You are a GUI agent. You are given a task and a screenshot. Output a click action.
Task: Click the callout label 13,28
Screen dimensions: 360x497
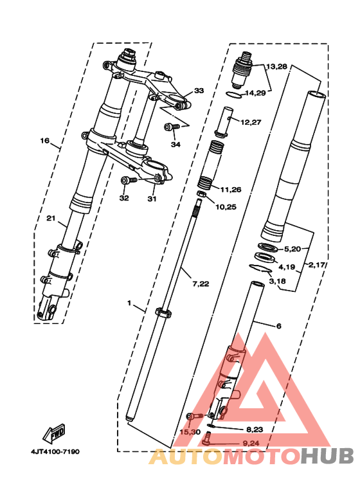(x=276, y=67)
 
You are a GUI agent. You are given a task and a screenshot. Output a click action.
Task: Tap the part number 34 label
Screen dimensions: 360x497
(x=175, y=145)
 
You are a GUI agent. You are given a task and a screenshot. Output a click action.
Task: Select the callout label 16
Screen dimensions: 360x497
(x=45, y=140)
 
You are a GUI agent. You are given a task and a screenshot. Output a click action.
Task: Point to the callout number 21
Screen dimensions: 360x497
(x=51, y=218)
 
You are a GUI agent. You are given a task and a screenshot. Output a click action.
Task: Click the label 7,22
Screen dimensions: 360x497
(x=201, y=284)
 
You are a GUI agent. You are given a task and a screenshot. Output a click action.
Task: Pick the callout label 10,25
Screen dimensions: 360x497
(x=226, y=207)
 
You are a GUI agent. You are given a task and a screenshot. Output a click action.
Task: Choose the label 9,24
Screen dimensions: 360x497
(x=251, y=443)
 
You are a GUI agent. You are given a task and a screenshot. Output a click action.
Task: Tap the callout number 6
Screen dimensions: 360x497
(x=278, y=326)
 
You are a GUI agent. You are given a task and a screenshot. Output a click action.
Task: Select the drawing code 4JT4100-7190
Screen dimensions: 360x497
(x=55, y=451)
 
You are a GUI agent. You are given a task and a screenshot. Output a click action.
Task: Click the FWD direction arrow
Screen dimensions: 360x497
(x=54, y=433)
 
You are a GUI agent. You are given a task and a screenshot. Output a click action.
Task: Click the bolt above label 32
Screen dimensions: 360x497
(x=129, y=181)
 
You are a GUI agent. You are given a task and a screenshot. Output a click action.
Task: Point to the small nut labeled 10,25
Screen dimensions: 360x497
(x=201, y=194)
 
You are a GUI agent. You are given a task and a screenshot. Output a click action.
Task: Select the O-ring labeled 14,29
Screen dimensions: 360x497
(x=234, y=95)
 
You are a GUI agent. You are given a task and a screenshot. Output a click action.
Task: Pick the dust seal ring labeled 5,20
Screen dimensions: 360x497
(x=269, y=247)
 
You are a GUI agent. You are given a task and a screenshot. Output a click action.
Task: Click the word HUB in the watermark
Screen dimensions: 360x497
(x=327, y=456)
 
